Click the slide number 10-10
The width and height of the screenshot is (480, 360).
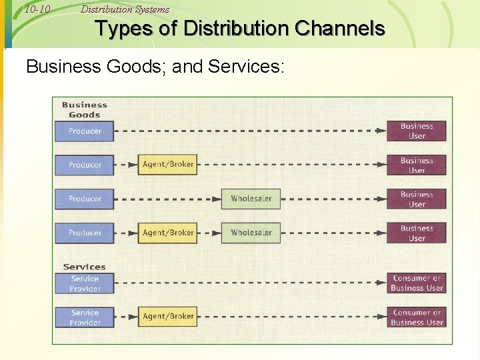tap(37, 9)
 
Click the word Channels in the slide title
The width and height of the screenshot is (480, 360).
tap(340, 29)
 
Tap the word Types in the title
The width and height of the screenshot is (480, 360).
tap(119, 29)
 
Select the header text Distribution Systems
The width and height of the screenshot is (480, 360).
tap(125, 9)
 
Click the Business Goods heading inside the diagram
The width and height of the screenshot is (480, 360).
tap(84, 109)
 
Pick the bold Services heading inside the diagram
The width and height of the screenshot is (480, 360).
tap(84, 267)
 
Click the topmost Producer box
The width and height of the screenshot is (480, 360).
tap(85, 131)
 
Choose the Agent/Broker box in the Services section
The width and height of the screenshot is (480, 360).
tap(168, 316)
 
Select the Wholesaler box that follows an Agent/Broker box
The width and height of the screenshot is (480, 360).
tap(251, 233)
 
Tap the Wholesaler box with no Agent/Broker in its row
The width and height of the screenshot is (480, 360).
tap(251, 199)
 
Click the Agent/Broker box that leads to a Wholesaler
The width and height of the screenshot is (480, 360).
tap(168, 233)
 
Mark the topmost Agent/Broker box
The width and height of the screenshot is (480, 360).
tap(168, 165)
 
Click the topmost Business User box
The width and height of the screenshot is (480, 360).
tap(417, 131)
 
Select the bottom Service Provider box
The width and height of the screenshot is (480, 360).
tap(85, 317)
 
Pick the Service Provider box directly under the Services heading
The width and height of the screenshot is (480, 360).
tap(85, 283)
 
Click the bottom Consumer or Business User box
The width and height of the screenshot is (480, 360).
tap(417, 317)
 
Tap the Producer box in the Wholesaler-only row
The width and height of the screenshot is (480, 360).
tap(85, 199)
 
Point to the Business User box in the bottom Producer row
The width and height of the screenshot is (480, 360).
tap(417, 233)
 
